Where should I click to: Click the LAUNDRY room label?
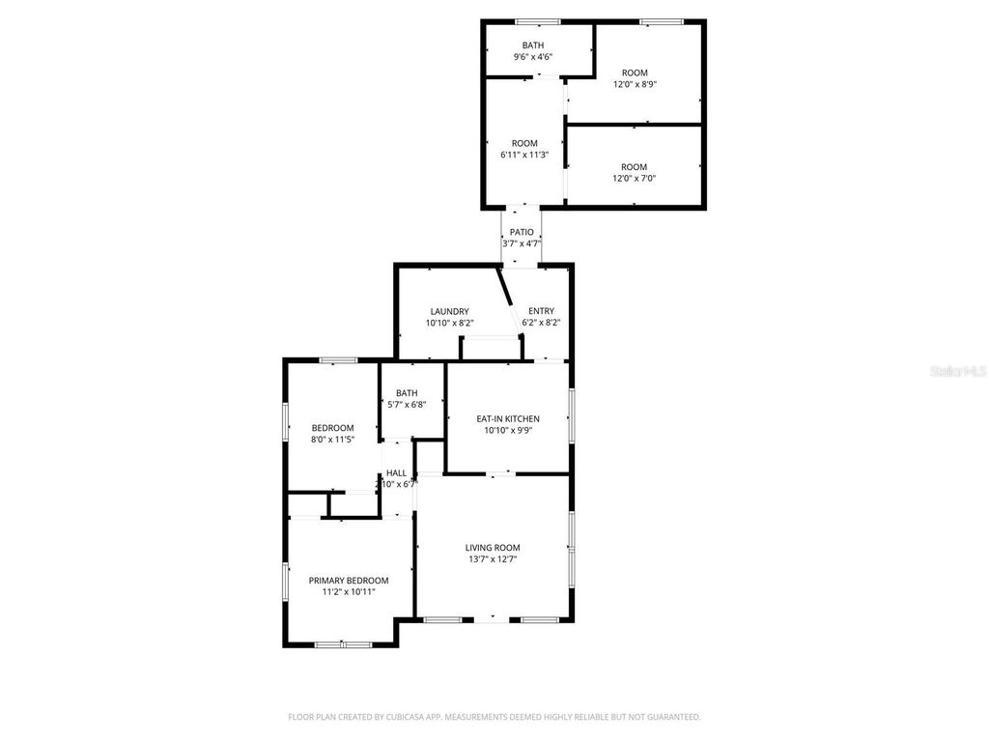[449, 311]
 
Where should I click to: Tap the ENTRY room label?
[541, 311]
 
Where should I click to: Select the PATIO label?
[522, 232]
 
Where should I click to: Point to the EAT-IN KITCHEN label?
[508, 418]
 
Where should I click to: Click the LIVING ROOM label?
[493, 547]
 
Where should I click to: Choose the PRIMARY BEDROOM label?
[349, 581]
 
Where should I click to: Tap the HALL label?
[396, 472]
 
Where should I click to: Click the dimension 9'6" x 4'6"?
[533, 57]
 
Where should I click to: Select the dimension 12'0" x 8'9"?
[635, 84]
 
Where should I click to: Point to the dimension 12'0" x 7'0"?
[635, 178]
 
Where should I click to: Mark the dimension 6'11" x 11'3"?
[524, 155]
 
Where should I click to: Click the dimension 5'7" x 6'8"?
[407, 405]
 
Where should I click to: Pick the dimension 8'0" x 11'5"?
[332, 440]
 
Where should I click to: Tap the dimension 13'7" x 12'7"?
[493, 558]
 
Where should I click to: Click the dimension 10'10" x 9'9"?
[508, 430]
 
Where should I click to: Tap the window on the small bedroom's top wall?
[338, 360]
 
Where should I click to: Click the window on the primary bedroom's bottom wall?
[343, 644]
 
